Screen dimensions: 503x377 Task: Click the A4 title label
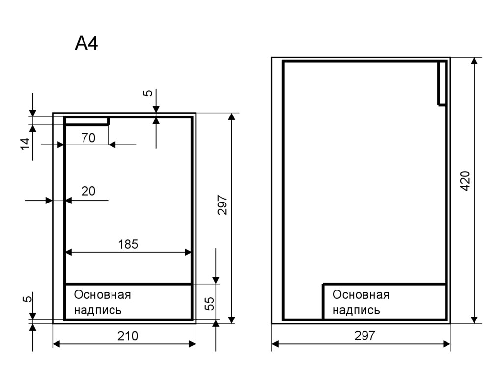coord(86,43)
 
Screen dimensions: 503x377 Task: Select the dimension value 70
coord(88,138)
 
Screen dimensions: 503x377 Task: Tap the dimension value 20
coord(88,191)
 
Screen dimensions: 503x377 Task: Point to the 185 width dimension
coord(128,244)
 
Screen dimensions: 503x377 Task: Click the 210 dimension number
coord(128,336)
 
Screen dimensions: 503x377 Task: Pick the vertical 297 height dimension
coord(222,205)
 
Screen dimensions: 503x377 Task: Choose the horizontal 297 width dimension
coord(365,336)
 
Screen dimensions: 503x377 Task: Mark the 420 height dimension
coord(465,181)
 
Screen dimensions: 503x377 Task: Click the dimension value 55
coord(209,303)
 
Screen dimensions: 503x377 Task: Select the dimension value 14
coord(25,144)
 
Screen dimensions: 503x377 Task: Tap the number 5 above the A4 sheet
coord(147,93)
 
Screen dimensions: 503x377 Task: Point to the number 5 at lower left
coord(28,299)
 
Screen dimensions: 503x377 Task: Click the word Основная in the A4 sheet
coord(102,295)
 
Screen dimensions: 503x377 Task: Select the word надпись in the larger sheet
coord(356,310)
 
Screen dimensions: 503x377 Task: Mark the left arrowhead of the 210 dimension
coord(56,344)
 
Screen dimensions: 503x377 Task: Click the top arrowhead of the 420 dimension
coord(475,61)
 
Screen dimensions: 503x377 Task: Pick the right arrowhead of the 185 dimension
coord(188,253)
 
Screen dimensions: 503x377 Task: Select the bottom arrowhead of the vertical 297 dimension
coord(232,319)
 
